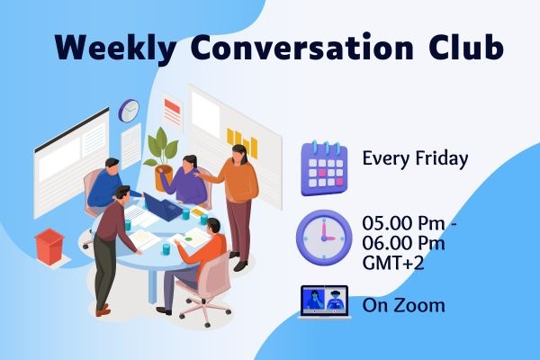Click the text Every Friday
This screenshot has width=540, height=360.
pyautogui.click(x=415, y=159)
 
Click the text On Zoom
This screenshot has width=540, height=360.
pyautogui.click(x=403, y=305)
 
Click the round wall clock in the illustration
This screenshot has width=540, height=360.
pyautogui.click(x=129, y=110)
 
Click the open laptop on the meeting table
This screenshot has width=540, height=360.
pyautogui.click(x=164, y=210)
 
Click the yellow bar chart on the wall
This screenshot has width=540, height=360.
pyautogui.click(x=242, y=143)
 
